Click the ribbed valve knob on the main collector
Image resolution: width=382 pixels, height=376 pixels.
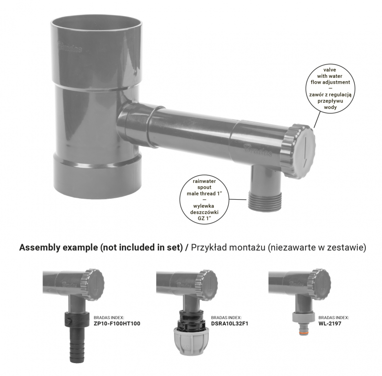coord(298,151)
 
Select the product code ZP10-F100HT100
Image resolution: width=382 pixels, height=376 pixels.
coord(117,323)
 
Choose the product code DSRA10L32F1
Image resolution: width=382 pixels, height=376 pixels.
coord(230,323)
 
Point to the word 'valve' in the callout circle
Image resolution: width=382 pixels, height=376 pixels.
coord(330,70)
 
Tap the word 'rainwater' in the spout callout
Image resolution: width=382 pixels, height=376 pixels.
coord(204,181)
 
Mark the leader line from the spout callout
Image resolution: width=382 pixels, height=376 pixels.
coord(238,199)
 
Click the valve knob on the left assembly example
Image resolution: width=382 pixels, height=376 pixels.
coord(93,285)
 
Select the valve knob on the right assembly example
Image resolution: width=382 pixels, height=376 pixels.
coord(319,284)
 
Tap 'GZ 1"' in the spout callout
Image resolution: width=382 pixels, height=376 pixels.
coord(204,218)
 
